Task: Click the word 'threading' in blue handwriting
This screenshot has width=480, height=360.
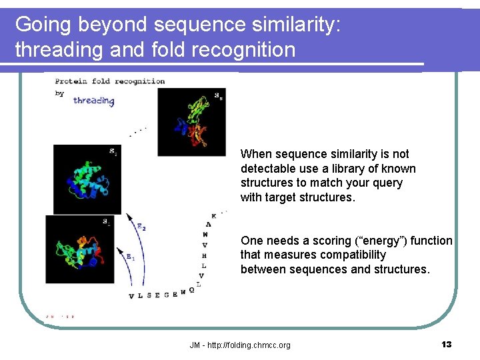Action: click(x=94, y=101)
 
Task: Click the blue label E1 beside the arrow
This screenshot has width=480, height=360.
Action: click(x=130, y=257)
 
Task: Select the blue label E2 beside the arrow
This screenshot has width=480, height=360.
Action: click(x=141, y=226)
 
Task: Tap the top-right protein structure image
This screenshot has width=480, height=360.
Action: click(x=191, y=122)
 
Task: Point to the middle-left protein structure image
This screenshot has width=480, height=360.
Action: click(x=87, y=179)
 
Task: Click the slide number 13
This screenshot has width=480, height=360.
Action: click(x=446, y=345)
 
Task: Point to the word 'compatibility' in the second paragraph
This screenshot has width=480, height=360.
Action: click(x=353, y=255)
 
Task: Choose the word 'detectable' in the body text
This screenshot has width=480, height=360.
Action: click(x=265, y=169)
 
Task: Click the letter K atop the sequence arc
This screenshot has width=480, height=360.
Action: click(x=213, y=216)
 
